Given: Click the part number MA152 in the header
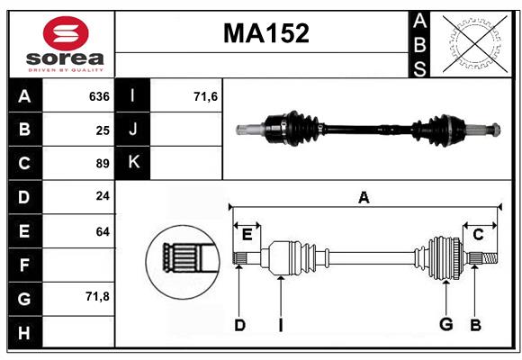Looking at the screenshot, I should point(265,34).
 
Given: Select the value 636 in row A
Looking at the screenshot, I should point(99,96).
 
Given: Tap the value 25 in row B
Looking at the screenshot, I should point(103,130).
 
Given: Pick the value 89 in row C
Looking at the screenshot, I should point(103,164).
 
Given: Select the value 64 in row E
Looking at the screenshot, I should point(103,231).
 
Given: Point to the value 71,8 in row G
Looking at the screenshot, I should point(98,296).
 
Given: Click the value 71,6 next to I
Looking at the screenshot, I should point(206,96).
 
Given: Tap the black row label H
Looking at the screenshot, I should point(24,333).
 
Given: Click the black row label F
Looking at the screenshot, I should point(24,265).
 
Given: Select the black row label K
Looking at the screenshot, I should point(133,163).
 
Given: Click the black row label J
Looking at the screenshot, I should point(133,130).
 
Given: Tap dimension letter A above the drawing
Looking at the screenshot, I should point(364,197).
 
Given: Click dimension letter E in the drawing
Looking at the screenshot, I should point(247,234).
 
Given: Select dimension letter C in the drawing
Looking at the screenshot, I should point(479,234).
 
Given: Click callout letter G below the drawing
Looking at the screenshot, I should point(445,325).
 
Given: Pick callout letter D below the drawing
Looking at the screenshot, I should point(239,325).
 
